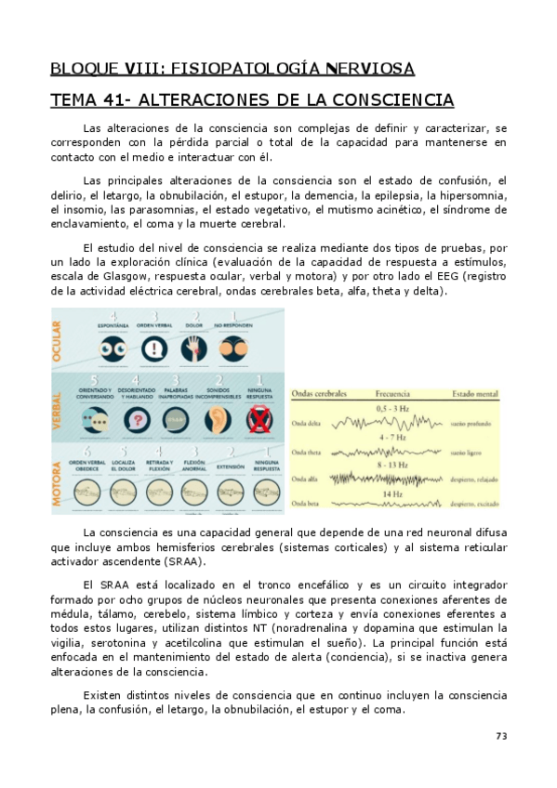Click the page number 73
point(500,736)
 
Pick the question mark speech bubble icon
point(139,419)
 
